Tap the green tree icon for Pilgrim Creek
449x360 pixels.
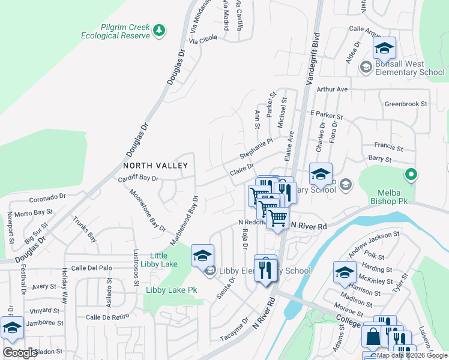tap(158, 29)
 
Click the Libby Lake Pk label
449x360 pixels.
tap(171, 290)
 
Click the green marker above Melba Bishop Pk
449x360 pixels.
tap(411, 175)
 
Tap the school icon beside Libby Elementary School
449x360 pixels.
tap(210, 271)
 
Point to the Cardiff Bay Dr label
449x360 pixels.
tap(137, 178)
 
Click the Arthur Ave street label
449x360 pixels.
tap(333, 89)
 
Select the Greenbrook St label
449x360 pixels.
tap(405, 104)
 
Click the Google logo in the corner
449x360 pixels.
tap(20, 353)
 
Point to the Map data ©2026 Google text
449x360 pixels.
tap(412, 355)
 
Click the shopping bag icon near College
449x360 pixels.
tap(372, 337)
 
